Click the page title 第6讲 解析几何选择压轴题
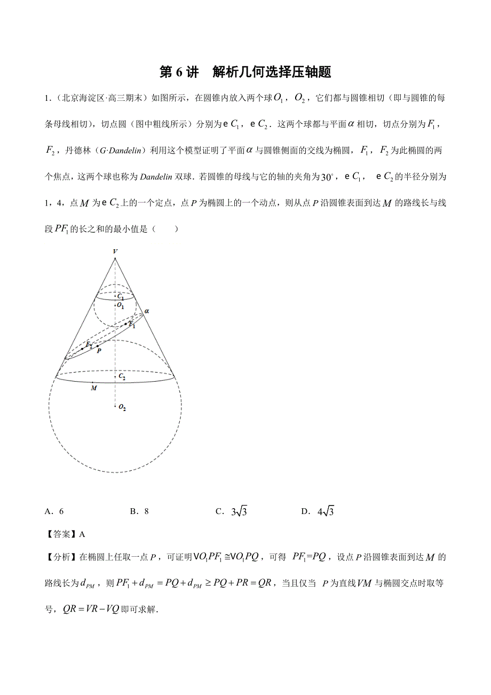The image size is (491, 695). coord(245,72)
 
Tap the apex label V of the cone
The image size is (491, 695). coord(115,251)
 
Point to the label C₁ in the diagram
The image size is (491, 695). coord(121,295)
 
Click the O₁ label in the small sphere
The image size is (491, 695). coord(121,305)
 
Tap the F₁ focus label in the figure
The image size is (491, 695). coord(131,325)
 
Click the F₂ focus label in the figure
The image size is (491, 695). coord(89,345)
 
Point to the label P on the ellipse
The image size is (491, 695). coord(99,351)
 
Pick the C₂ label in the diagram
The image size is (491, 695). coord(122,377)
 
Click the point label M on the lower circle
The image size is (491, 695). coord(93,388)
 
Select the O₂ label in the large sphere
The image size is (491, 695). coord(122,408)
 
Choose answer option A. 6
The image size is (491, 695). coord(55,511)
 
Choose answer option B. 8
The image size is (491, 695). coord(139,511)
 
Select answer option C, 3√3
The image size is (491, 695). coord(232,511)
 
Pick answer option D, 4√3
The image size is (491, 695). coord(318,511)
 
